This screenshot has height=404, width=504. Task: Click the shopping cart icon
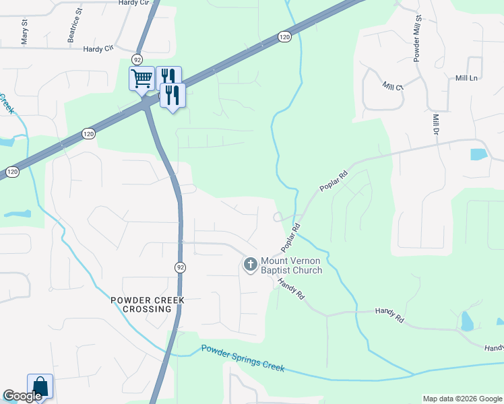141,78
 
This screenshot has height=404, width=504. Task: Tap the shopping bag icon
40,387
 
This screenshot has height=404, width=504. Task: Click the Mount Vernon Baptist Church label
291,265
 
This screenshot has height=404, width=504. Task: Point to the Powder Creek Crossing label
148,304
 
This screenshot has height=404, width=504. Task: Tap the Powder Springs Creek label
243,358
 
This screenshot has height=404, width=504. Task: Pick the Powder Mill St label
416,37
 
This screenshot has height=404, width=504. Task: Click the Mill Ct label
392,86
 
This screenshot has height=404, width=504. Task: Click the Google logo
22,396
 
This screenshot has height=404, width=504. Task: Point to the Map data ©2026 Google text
462,399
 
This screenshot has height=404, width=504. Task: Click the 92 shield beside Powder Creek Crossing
180,267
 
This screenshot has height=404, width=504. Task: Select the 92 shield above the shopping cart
137,59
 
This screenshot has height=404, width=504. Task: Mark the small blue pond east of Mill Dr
478,154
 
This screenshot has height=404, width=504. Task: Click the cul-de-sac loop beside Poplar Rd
278,217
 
